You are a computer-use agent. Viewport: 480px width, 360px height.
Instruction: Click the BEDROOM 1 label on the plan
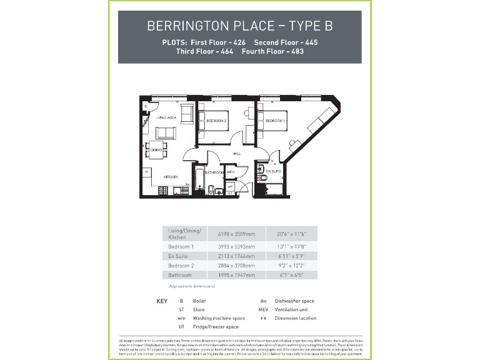(275, 121)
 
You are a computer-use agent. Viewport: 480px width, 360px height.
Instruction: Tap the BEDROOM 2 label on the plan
(216, 121)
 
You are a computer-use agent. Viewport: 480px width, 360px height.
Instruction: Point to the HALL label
(237, 153)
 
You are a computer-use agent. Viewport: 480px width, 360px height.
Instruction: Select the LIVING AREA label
(165, 117)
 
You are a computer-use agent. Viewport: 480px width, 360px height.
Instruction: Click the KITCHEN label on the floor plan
(171, 177)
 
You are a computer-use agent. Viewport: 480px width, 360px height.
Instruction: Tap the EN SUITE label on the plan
(274, 170)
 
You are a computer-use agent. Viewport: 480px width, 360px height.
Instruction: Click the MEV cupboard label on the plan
(230, 172)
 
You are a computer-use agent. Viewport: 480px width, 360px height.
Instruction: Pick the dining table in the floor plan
(156, 149)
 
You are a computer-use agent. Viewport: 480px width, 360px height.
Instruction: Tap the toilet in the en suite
(264, 179)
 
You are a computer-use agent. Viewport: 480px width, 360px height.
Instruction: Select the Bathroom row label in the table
(181, 274)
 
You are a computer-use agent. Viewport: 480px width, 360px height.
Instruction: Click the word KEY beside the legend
(161, 301)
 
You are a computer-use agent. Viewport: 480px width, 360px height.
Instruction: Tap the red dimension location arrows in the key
(263, 318)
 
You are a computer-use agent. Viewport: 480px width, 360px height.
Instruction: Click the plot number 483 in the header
(296, 51)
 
